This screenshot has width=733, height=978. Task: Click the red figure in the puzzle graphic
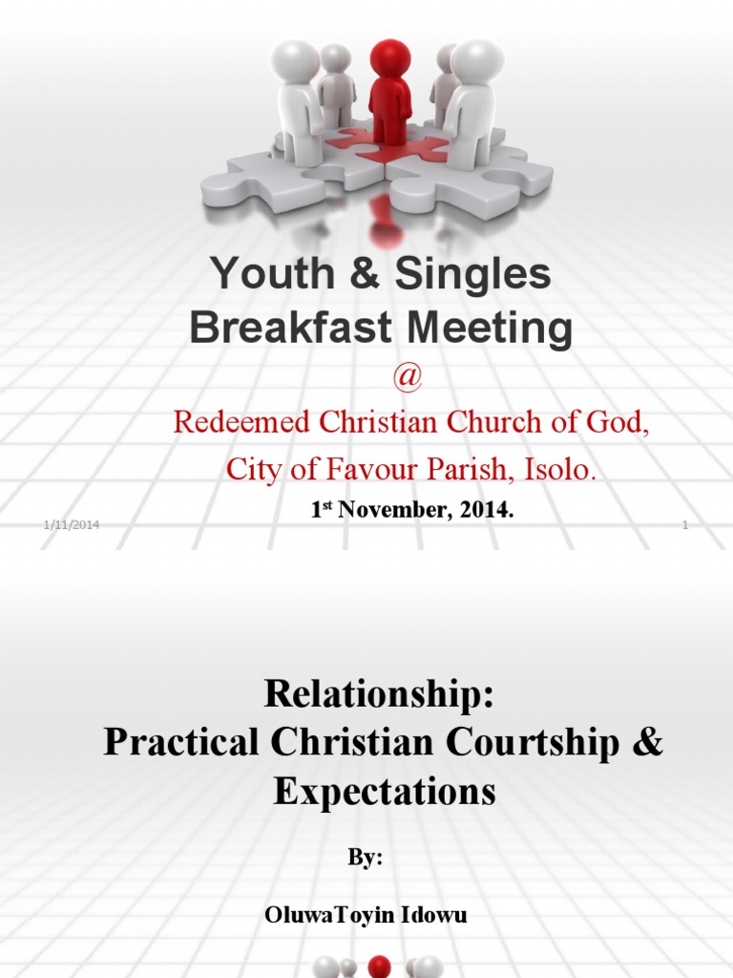click(389, 91)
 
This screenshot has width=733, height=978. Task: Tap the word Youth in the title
click(261, 275)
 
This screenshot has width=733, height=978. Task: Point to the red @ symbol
click(407, 377)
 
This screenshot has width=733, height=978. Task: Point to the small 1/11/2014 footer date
click(72, 526)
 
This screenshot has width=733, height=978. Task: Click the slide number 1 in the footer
click(685, 526)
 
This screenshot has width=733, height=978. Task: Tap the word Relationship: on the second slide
click(381, 694)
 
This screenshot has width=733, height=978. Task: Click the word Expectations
click(384, 792)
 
